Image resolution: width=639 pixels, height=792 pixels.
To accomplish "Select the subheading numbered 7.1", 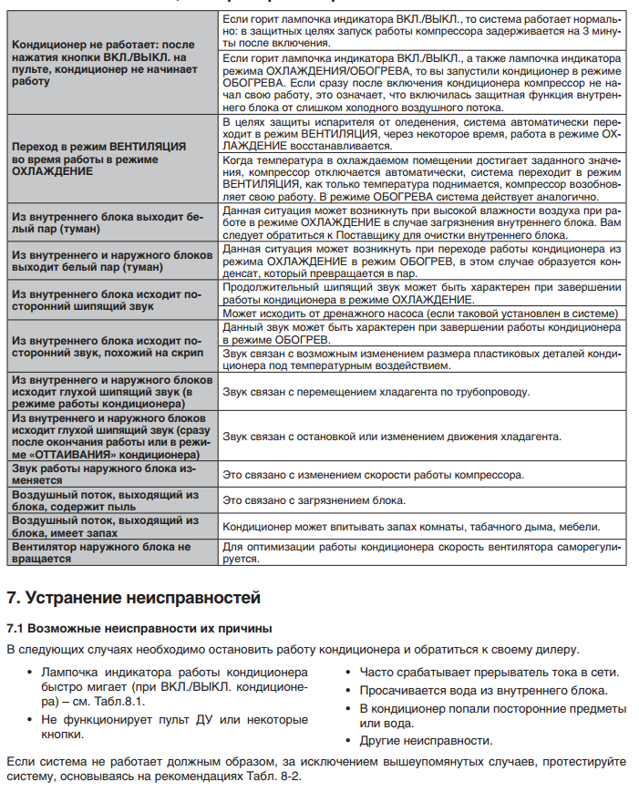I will (x=139, y=629).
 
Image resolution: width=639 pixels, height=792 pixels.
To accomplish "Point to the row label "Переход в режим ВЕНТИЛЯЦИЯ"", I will (x=98, y=159).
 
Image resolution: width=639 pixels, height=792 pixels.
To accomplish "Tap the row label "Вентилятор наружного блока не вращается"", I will (x=101, y=552).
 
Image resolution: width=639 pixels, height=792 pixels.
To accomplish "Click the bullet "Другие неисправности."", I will (x=426, y=740).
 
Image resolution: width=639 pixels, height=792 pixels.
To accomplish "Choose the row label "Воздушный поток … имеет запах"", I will (x=101, y=526).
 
